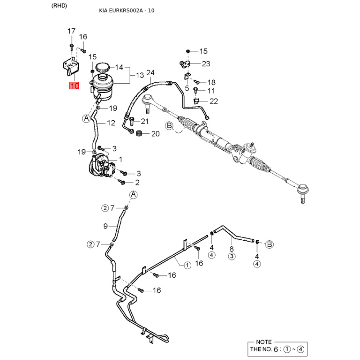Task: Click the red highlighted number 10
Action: tap(74, 85)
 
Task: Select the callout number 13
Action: tap(139, 75)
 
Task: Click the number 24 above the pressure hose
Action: tap(150, 73)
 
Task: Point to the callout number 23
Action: tap(206, 63)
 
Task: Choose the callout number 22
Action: tap(213, 101)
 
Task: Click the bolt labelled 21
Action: tap(132, 121)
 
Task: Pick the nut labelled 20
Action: tap(139, 133)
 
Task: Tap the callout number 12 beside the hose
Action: tap(111, 123)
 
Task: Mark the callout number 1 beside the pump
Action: tap(121, 159)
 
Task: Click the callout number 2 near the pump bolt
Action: tap(137, 183)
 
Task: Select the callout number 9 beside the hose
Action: tap(105, 226)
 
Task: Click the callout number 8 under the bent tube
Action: tap(231, 249)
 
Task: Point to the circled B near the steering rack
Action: tap(169, 126)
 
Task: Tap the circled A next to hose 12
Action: tap(86, 118)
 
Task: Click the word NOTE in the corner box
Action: tap(264, 342)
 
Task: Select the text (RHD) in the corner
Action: tap(59, 6)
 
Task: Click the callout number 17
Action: tap(72, 31)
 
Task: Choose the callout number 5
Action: tap(187, 88)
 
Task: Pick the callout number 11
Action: tap(211, 91)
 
